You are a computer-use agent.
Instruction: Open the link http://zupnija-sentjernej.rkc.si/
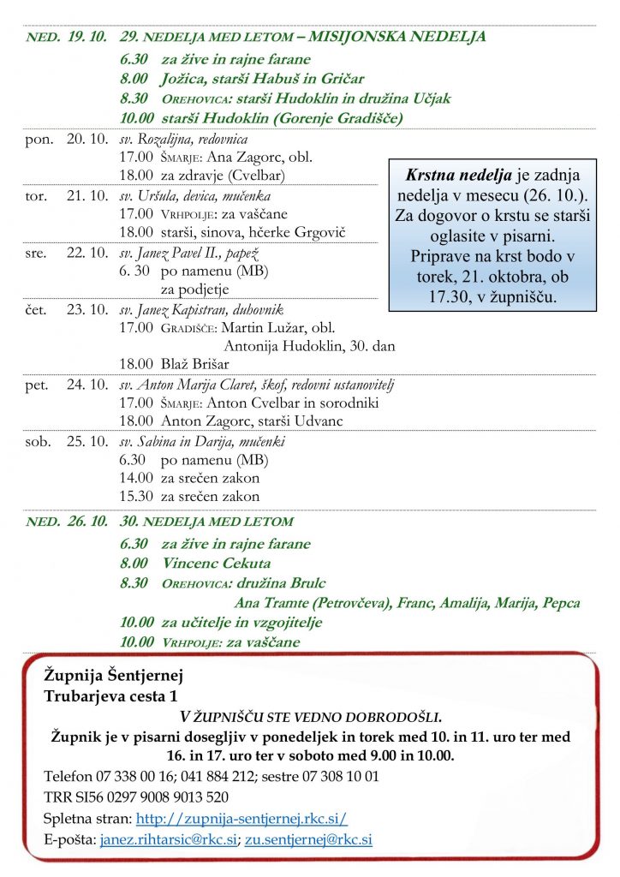[241, 818]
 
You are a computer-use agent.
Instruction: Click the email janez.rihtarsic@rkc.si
[168, 840]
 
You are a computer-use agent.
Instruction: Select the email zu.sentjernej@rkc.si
[308, 840]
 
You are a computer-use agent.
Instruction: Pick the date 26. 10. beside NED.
[87, 521]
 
